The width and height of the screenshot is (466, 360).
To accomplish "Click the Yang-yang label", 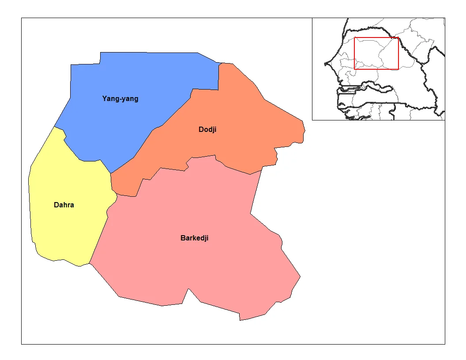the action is point(120,99).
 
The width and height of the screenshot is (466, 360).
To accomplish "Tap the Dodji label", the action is point(207,130).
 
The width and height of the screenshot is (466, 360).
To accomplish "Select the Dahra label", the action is point(64,205).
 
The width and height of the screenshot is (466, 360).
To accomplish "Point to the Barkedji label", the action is point(194,238).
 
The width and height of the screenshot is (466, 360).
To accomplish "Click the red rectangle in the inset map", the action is point(376,38).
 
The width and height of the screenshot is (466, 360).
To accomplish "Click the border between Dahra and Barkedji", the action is point(99,238).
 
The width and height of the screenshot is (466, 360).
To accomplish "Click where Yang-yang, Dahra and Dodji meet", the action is point(110,173).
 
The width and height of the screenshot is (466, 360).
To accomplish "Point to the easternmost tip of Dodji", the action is point(305,131).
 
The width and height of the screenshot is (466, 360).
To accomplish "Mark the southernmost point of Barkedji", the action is point(240,320).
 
